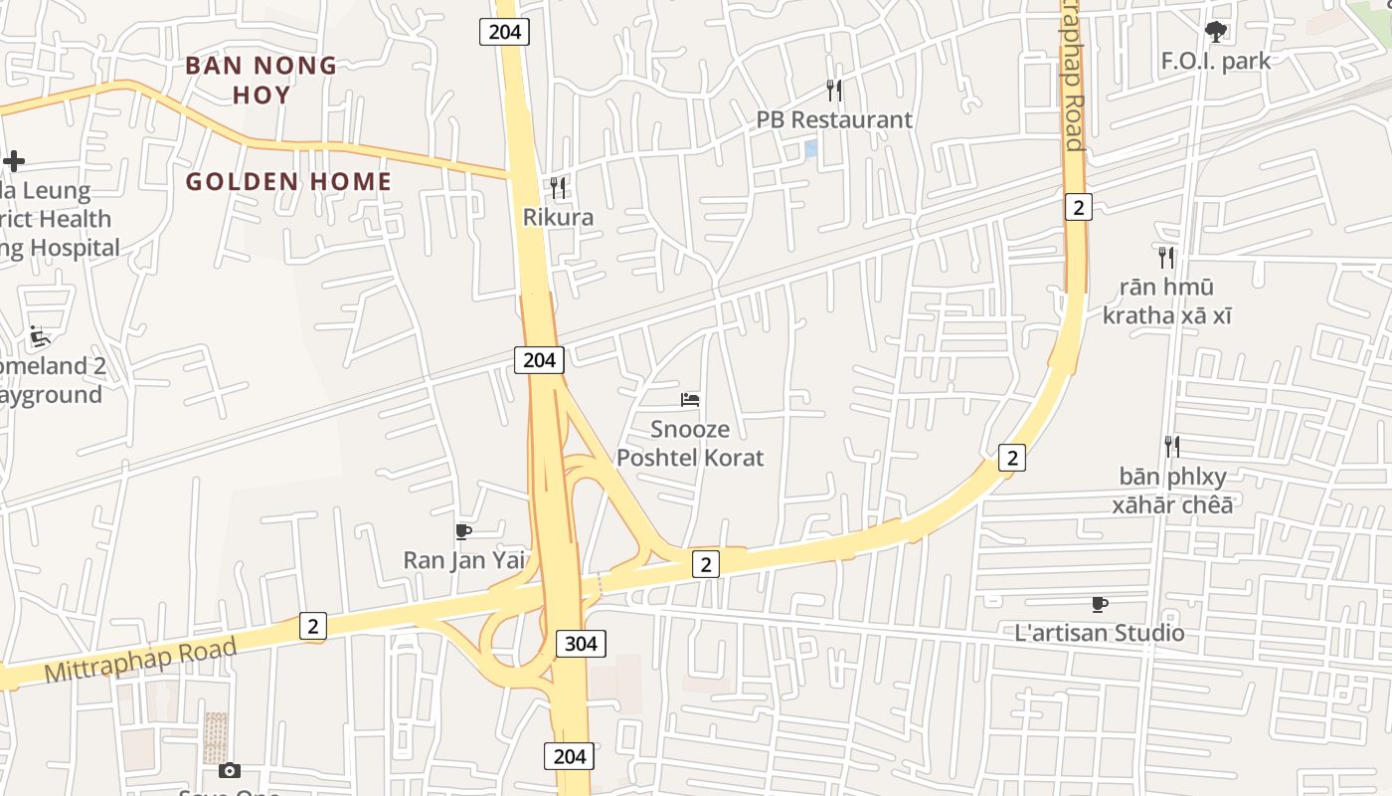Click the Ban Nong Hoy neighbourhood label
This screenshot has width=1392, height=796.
tap(261, 80)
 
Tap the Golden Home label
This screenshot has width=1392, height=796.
tap(288, 181)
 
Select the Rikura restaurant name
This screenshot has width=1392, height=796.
tap(558, 217)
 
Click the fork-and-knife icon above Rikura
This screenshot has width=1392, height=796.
tap(558, 188)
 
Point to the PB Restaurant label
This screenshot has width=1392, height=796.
tap(833, 119)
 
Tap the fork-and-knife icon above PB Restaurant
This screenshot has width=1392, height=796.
tap(834, 91)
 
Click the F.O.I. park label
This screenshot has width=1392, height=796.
tap(1215, 61)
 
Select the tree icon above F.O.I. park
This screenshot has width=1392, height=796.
tap(1215, 32)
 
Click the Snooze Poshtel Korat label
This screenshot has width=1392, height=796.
tap(690, 444)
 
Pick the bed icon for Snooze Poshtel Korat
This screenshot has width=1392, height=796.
tap(690, 400)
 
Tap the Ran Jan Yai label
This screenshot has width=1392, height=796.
tap(463, 560)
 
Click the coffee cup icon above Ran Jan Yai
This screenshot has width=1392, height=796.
tap(463, 531)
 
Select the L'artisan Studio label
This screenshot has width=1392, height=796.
tap(1099, 633)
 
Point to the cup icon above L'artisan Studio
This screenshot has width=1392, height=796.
tap(1099, 604)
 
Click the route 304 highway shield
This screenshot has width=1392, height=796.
tap(581, 644)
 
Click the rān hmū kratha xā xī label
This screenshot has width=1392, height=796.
tap(1166, 301)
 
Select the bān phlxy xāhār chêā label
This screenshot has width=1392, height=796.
tap(1172, 491)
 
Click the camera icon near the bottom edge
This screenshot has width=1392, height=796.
tap(230, 770)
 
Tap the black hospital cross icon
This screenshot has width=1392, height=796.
tap(14, 160)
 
